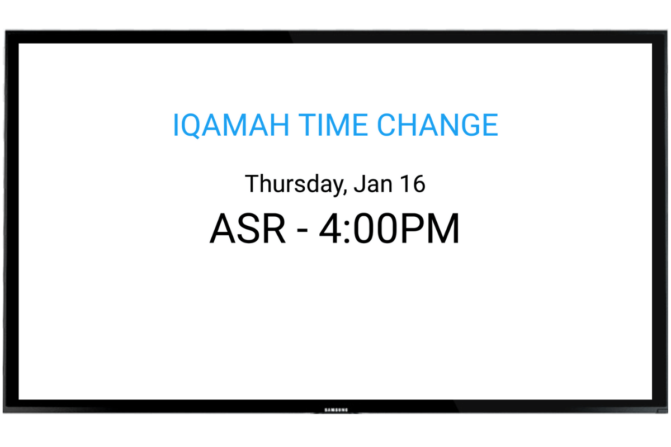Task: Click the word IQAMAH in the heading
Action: click(231, 125)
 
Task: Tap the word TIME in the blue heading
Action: click(333, 125)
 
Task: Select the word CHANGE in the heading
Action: click(438, 125)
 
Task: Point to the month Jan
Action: click(373, 183)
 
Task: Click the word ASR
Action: click(248, 229)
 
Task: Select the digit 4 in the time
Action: click(330, 229)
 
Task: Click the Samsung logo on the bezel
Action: click(337, 410)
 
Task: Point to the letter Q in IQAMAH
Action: click(190, 126)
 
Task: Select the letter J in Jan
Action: click(359, 183)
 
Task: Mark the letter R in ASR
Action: click(274, 229)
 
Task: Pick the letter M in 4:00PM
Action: click(442, 229)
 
